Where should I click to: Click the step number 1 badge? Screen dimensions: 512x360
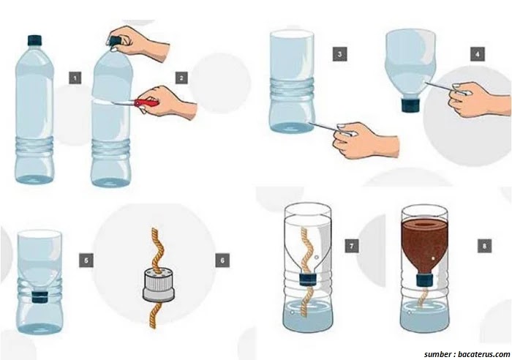pyautogui.click(x=75, y=78)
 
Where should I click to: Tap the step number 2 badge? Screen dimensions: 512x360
pyautogui.click(x=181, y=78)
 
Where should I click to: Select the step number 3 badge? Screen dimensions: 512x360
pyautogui.click(x=339, y=54)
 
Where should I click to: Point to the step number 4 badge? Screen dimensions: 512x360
pyautogui.click(x=478, y=54)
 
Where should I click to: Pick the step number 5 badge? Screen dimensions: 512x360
pyautogui.click(x=86, y=260)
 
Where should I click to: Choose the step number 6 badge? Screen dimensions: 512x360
pyautogui.click(x=222, y=260)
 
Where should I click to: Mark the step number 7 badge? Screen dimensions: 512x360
pyautogui.click(x=352, y=246)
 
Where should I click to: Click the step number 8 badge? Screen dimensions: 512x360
pyautogui.click(x=484, y=246)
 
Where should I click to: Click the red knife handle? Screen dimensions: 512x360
pyautogui.click(x=146, y=102)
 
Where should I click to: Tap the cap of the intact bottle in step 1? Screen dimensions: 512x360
pyautogui.click(x=34, y=40)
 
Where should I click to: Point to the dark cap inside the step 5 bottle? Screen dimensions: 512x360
pyautogui.click(x=40, y=296)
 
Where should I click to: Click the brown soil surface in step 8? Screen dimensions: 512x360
pyautogui.click(x=424, y=225)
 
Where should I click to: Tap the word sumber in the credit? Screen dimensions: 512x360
pyautogui.click(x=437, y=354)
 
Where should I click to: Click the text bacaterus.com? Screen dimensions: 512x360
pyautogui.click(x=483, y=354)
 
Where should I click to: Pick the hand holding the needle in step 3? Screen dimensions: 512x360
pyautogui.click(x=366, y=140)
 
